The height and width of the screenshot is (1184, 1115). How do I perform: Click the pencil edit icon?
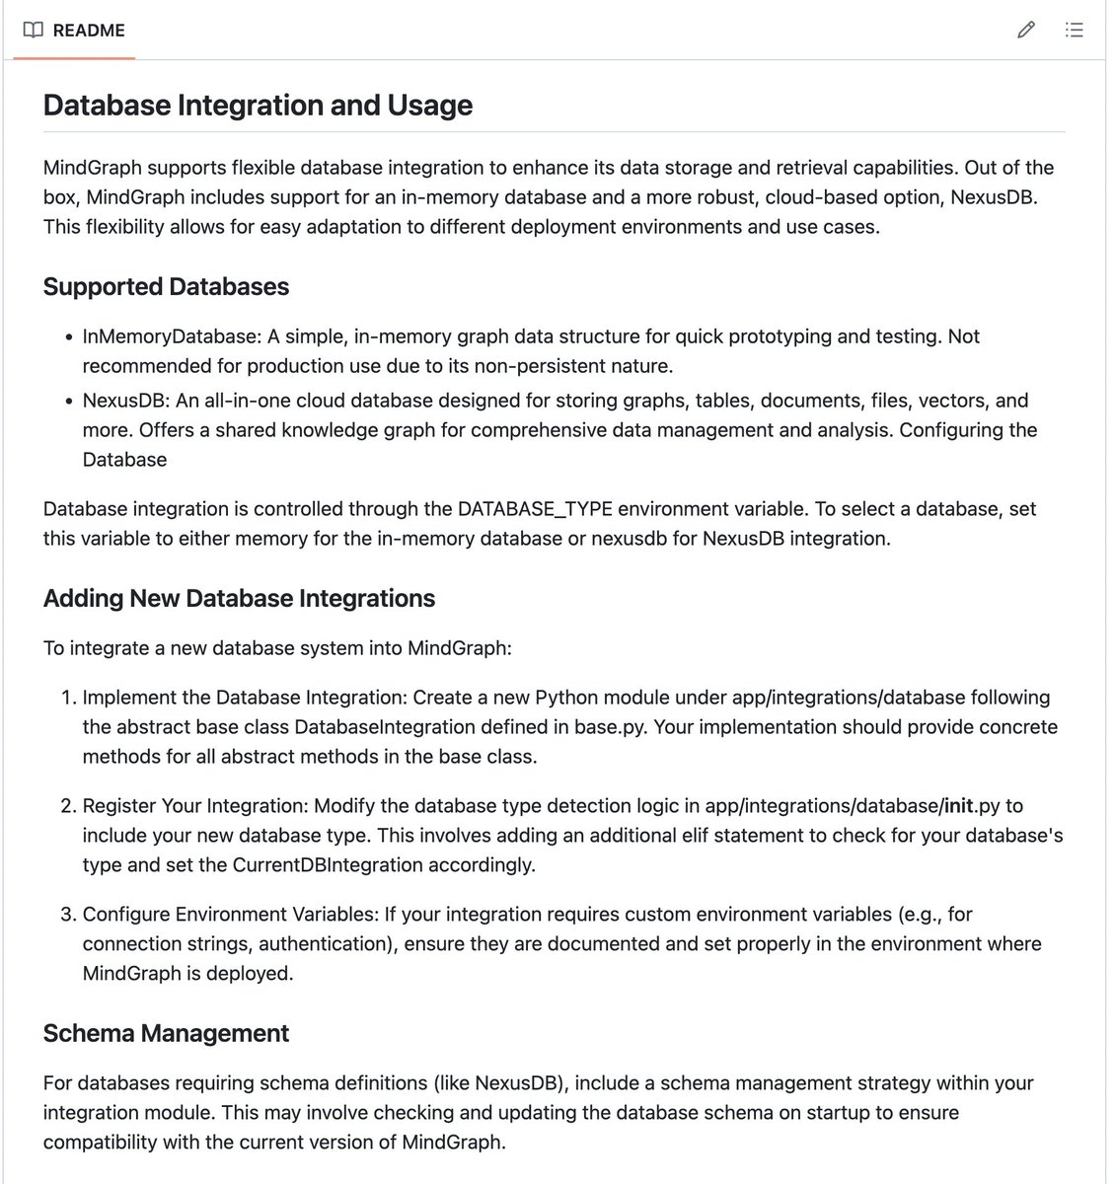(1026, 30)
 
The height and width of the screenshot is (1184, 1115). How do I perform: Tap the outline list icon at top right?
(1075, 30)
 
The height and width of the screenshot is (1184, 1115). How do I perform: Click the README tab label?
(89, 30)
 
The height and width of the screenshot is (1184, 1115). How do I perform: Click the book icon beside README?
(33, 30)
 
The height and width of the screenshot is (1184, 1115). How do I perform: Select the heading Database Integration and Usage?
(258, 106)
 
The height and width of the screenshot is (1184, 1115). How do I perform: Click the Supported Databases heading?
(166, 287)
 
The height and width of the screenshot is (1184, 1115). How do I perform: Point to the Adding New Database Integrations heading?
(239, 599)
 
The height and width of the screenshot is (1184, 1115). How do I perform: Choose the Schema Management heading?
(166, 1033)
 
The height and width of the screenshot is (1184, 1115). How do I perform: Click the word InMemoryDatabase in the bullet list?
(170, 336)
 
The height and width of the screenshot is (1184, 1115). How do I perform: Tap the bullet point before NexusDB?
(68, 402)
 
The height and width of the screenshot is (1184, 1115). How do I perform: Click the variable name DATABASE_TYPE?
(535, 509)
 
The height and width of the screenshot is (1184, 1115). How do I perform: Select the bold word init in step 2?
(958, 806)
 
